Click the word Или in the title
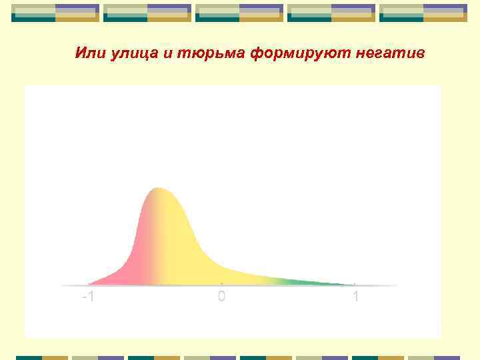(87, 53)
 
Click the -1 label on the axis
(87, 296)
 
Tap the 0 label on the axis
(221, 296)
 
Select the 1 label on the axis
(356, 296)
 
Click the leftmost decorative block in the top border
(55, 13)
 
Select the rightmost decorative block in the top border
(423, 13)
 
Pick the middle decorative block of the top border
(239, 13)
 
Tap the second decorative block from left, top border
(147, 13)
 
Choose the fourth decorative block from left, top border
(331, 13)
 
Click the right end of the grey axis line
(397, 285)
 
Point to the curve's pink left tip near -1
(91, 283)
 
